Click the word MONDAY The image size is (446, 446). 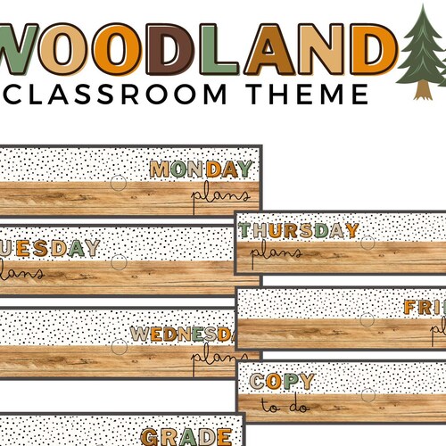click(x=201, y=169)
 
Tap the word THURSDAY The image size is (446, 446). click(x=299, y=231)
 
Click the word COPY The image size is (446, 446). click(x=282, y=382)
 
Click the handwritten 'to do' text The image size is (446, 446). click(x=278, y=406)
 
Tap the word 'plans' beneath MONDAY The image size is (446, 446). click(x=223, y=189)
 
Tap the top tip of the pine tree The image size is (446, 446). click(x=423, y=8)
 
